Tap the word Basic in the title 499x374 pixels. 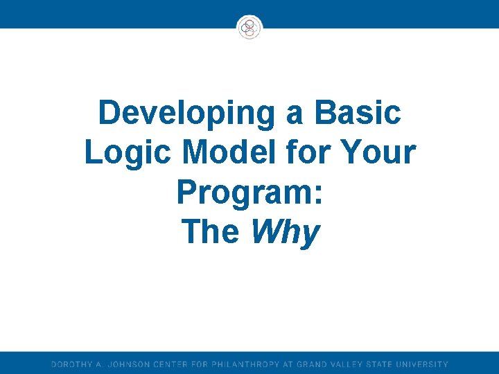tap(357, 113)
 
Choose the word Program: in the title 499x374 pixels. tap(249, 193)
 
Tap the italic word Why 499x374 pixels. tap(285, 233)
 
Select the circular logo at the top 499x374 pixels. tap(249, 28)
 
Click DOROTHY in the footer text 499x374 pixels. tap(71, 364)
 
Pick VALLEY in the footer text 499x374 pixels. tap(354, 364)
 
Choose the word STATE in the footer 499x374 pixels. tap(390, 364)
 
